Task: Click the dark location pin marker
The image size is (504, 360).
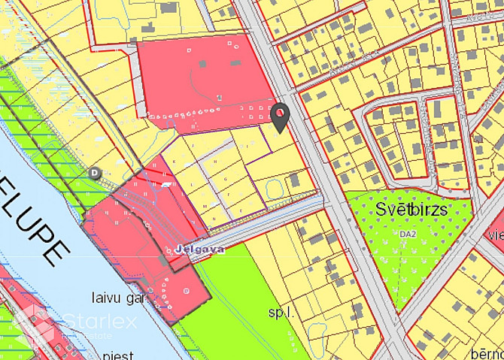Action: [280, 116]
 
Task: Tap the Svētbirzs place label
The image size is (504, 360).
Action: [408, 210]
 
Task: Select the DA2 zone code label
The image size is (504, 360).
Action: [408, 235]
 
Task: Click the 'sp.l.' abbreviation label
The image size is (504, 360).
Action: [281, 310]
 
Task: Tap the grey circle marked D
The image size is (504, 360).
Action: [95, 172]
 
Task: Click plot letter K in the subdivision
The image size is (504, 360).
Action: [175, 162]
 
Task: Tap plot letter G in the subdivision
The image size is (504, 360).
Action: [225, 179]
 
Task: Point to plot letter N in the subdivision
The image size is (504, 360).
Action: [214, 219]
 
